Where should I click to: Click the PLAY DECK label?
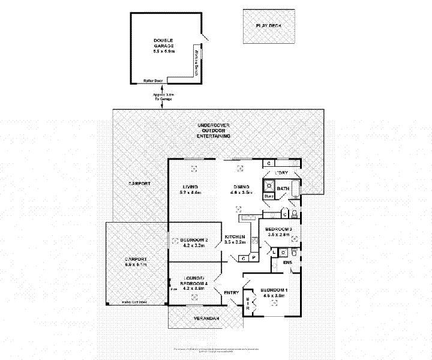click(x=268, y=26)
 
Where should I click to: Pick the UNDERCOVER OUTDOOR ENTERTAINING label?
click(x=213, y=131)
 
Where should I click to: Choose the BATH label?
click(x=283, y=189)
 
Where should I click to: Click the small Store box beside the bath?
click(x=268, y=196)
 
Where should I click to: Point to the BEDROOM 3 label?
click(x=278, y=230)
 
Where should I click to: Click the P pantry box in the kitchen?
click(x=254, y=258)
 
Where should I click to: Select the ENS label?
click(x=287, y=262)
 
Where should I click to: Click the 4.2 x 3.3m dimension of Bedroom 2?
click(x=194, y=246)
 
